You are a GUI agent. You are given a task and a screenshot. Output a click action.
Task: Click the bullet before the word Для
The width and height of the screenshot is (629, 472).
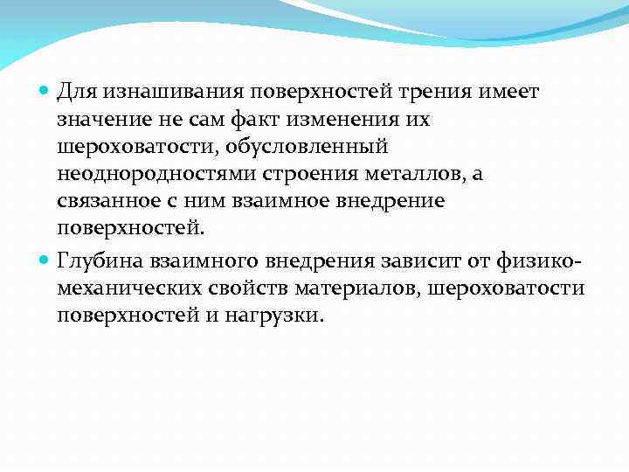click(46, 92)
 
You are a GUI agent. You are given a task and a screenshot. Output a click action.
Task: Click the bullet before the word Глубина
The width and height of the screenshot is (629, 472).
click(46, 260)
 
